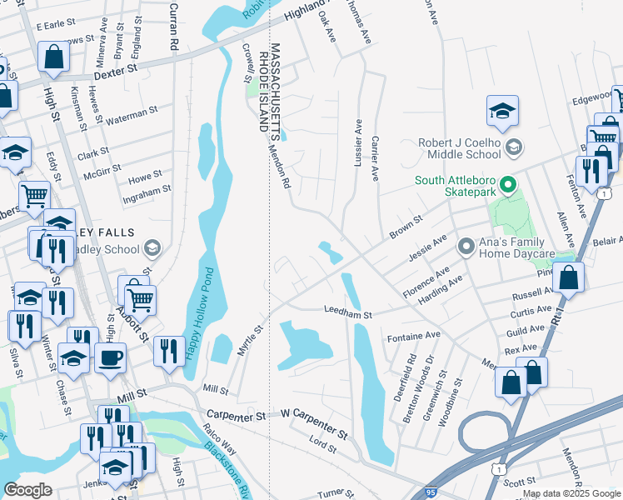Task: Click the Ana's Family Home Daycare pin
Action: click(x=466, y=247)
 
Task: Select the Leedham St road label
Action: click(x=346, y=313)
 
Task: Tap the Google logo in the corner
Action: click(x=27, y=490)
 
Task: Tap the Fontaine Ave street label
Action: click(x=414, y=335)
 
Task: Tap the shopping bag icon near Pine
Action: click(x=568, y=277)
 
